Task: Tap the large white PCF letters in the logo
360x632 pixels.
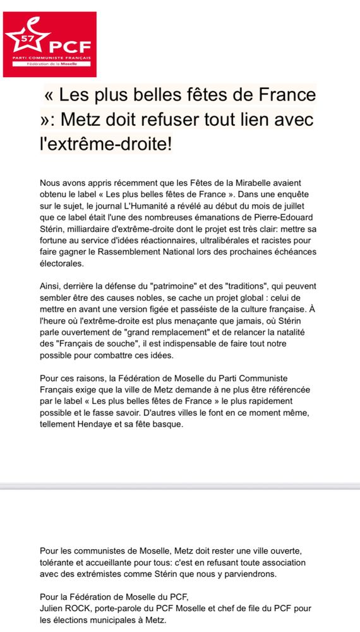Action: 70,46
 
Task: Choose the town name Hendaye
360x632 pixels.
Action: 109,424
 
